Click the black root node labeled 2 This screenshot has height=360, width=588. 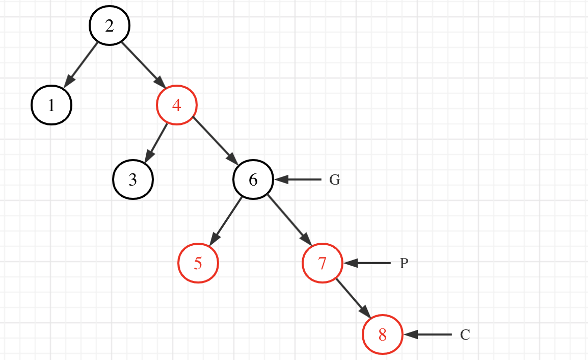point(110,26)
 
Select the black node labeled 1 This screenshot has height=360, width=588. point(51,106)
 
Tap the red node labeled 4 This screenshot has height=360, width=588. point(176,106)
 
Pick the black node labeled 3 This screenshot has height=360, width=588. point(132,179)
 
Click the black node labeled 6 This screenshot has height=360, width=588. point(253,179)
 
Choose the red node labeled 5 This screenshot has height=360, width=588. point(198,263)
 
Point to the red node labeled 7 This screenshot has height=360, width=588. point(322,263)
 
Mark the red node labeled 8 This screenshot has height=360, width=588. point(383,335)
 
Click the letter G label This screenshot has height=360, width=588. point(334,180)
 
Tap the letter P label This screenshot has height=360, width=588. point(404,264)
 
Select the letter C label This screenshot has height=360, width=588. point(465,335)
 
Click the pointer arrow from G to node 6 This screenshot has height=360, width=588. point(299,179)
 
